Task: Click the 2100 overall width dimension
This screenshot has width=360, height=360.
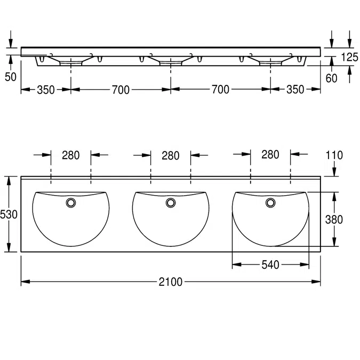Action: click(170, 282)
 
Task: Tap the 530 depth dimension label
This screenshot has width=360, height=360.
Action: click(9, 214)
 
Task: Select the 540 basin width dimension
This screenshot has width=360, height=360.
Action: click(270, 265)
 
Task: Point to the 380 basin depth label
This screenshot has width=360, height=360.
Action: click(334, 220)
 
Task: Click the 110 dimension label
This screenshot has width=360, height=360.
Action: click(334, 155)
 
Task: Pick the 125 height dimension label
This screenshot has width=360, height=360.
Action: click(349, 57)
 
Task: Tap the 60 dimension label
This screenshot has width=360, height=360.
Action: click(331, 78)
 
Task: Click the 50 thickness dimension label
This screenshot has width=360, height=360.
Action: click(11, 77)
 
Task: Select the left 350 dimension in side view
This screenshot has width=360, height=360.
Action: click(46, 90)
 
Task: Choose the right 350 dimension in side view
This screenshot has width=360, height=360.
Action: click(295, 89)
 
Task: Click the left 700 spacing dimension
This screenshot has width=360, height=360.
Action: click(121, 90)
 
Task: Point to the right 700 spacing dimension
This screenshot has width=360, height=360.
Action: click(220, 89)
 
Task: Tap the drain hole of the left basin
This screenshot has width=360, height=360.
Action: click(71, 203)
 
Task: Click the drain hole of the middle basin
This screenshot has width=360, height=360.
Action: click(171, 203)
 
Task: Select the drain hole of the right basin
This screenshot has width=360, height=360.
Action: click(270, 203)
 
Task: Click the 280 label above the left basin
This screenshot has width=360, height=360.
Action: click(71, 155)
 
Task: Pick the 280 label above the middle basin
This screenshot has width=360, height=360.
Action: click(171, 156)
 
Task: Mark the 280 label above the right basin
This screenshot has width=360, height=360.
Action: click(270, 155)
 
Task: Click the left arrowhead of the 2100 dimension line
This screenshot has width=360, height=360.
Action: click(26, 282)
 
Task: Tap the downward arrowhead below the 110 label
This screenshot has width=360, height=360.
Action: click(334, 172)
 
